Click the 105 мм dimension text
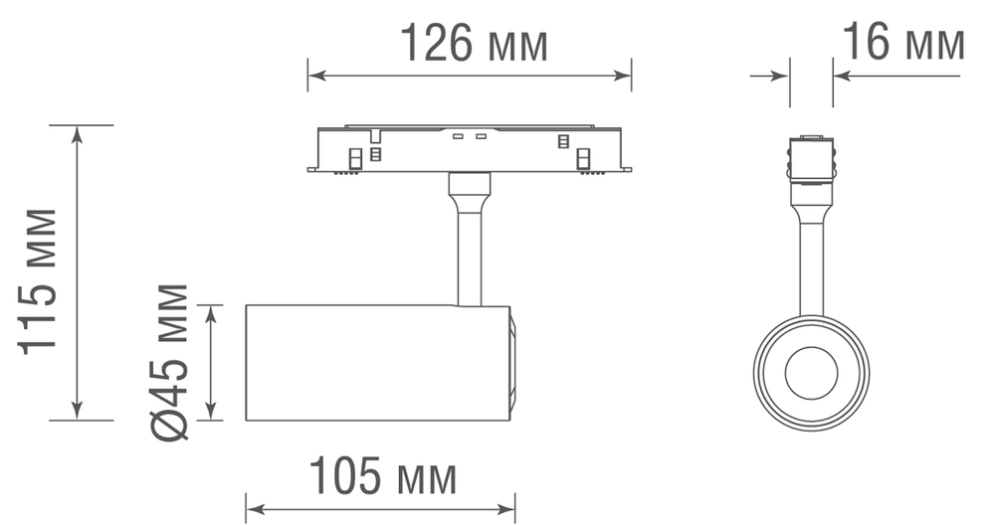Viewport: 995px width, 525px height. [x=382, y=477]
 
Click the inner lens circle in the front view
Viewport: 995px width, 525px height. [x=811, y=373]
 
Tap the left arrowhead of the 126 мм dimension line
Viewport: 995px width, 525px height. [x=313, y=74]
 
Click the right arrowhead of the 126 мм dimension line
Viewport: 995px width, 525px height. [x=625, y=74]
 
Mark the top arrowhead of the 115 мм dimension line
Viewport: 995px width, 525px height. [x=77, y=133]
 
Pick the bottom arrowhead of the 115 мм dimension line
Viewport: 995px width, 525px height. [x=77, y=413]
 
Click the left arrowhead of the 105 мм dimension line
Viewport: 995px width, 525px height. [x=253, y=509]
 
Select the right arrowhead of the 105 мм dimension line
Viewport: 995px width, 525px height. [x=508, y=509]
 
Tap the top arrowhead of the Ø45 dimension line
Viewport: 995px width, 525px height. [x=211, y=312]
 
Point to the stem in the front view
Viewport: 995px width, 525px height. [x=811, y=268]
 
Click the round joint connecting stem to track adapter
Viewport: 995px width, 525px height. [x=469, y=185]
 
